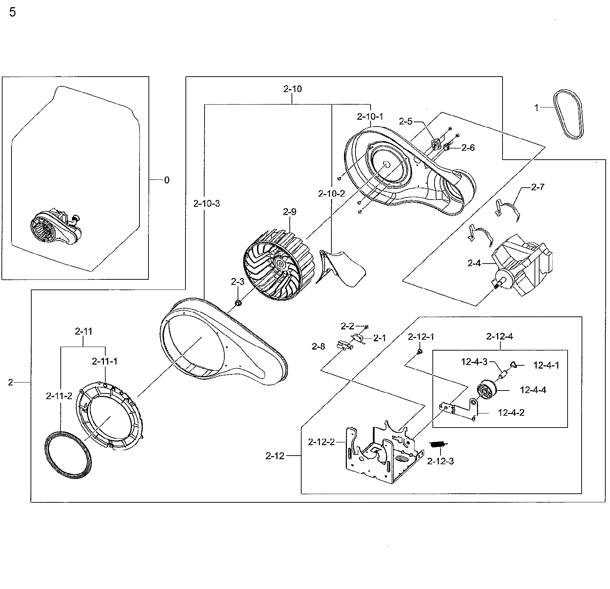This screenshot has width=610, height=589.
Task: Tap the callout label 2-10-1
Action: tap(370, 117)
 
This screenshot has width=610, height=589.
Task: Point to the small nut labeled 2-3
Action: tap(238, 303)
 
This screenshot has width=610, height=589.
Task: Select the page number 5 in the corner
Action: tap(12, 13)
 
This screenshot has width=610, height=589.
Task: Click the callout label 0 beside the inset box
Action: tap(166, 180)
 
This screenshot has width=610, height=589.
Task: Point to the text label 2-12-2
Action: tap(321, 442)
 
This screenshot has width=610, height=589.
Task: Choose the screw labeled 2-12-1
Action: tap(419, 352)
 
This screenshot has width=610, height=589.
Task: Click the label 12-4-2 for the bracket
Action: tap(511, 412)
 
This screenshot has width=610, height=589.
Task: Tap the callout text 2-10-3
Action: tap(206, 204)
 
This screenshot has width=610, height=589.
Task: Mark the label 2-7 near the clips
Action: tap(537, 187)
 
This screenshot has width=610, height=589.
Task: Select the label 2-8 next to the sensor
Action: tap(318, 346)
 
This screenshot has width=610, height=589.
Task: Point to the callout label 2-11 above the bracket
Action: tap(83, 331)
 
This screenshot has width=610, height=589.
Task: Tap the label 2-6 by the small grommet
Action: tap(468, 147)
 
